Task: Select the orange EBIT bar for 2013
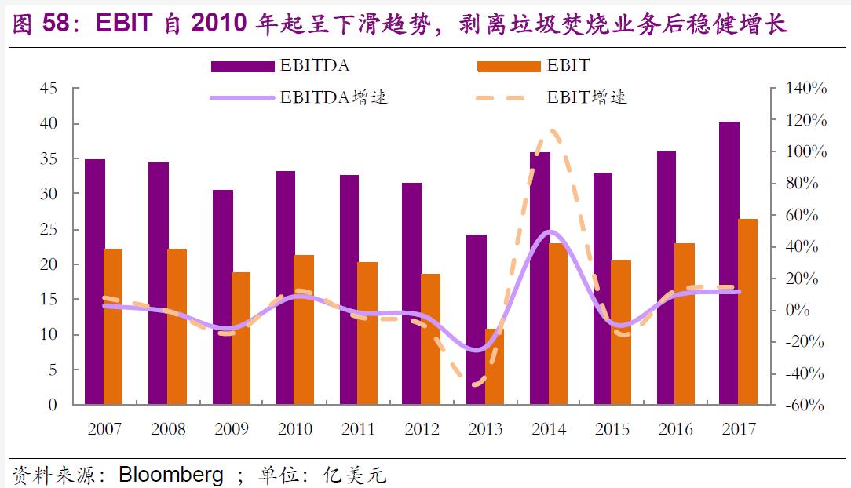click(495, 366)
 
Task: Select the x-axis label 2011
click(358, 429)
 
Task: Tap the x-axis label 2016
click(675, 429)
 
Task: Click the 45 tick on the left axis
click(49, 89)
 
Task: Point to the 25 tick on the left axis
click(49, 229)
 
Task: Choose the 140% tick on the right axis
click(806, 89)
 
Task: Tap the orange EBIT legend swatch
click(509, 66)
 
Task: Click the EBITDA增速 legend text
click(334, 98)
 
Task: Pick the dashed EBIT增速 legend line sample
click(502, 98)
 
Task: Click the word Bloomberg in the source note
click(171, 475)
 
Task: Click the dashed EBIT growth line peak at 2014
click(552, 132)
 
